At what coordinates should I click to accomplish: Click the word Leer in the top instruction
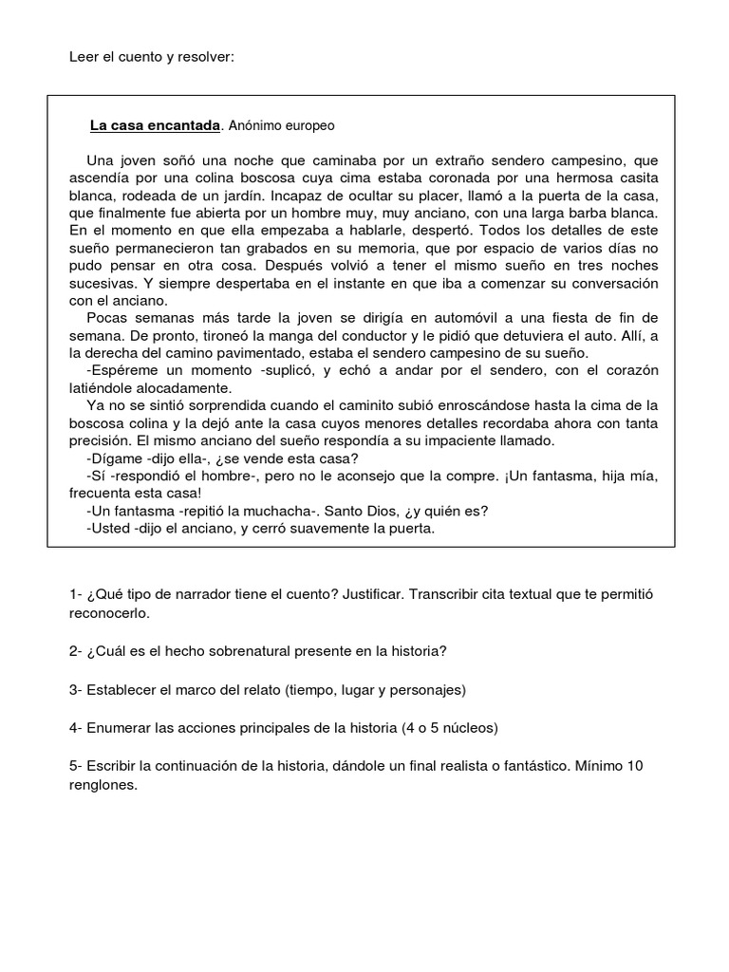click(x=84, y=57)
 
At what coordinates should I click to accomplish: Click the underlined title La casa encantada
click(x=155, y=125)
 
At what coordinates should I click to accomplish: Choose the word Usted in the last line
click(x=110, y=529)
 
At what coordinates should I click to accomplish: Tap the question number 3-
click(x=76, y=689)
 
